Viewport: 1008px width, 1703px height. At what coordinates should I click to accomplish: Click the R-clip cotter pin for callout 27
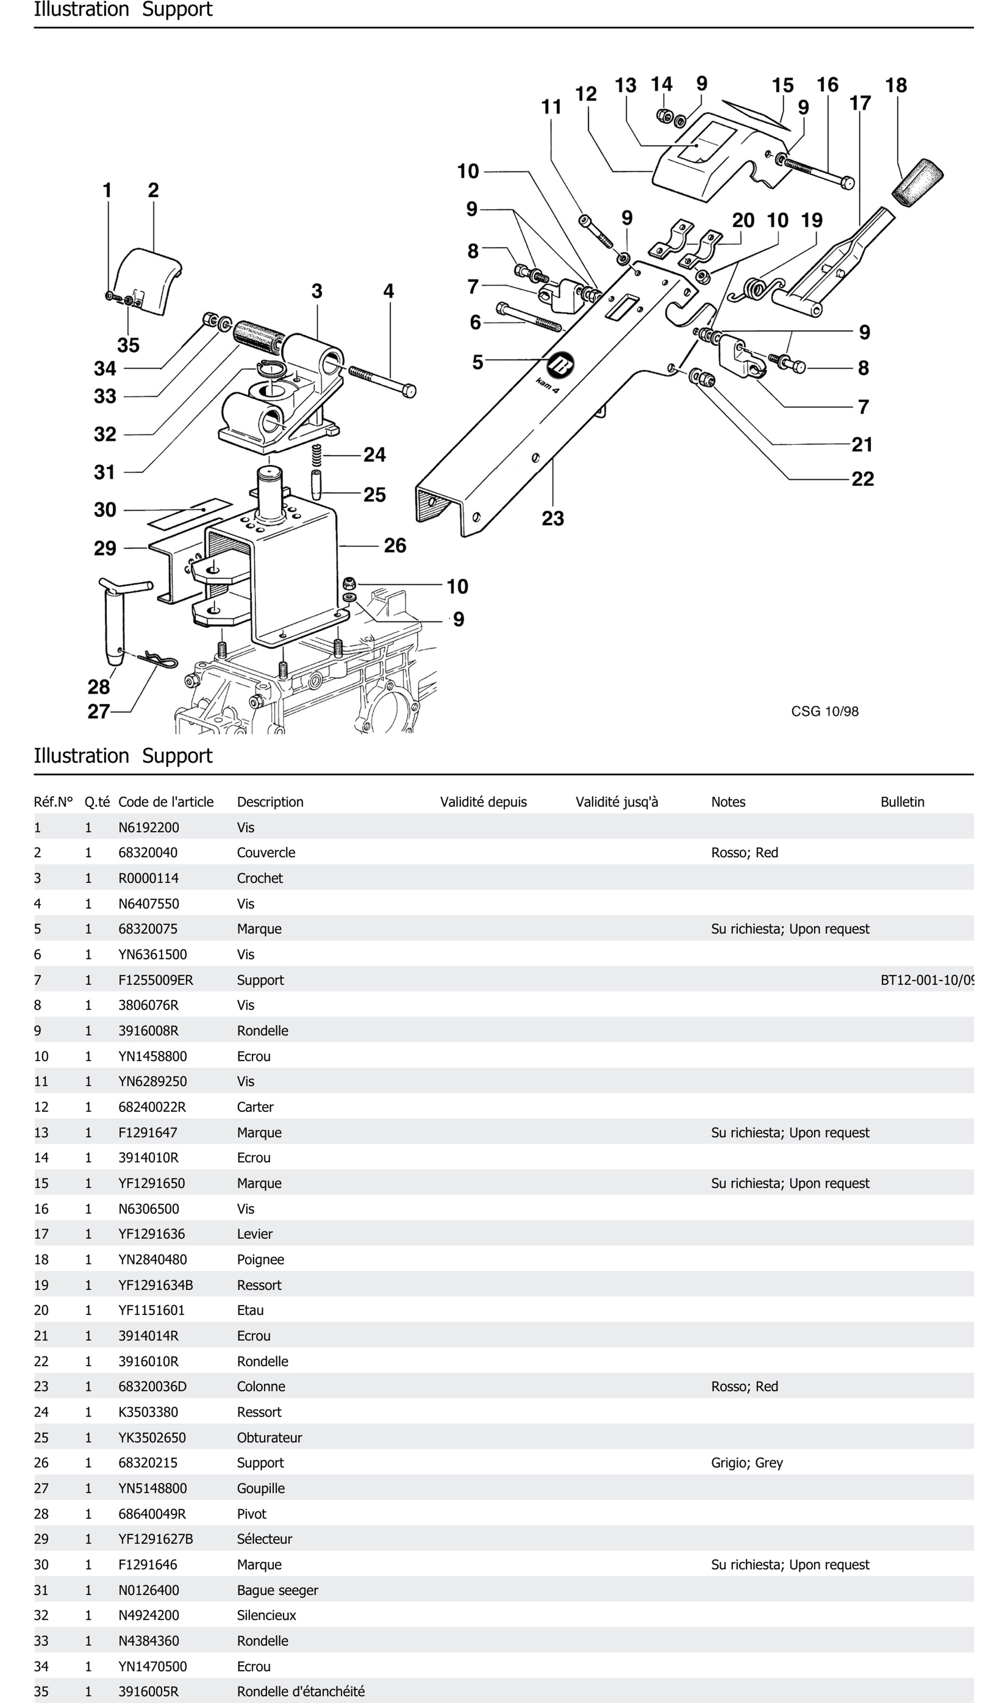(160, 659)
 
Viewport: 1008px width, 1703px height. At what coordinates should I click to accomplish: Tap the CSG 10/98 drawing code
(825, 711)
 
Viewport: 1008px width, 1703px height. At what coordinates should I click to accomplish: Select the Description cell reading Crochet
(259, 878)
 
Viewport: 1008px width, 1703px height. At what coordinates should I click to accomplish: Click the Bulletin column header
(902, 802)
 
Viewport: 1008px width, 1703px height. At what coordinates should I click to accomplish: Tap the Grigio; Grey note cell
(746, 1462)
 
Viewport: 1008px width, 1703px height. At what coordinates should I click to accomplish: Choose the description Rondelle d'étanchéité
(300, 1691)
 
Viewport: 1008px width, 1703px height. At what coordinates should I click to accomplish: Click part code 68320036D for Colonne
(152, 1386)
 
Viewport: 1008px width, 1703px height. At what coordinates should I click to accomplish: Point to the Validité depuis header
(483, 802)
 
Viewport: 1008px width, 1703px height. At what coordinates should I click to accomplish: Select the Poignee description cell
(260, 1259)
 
